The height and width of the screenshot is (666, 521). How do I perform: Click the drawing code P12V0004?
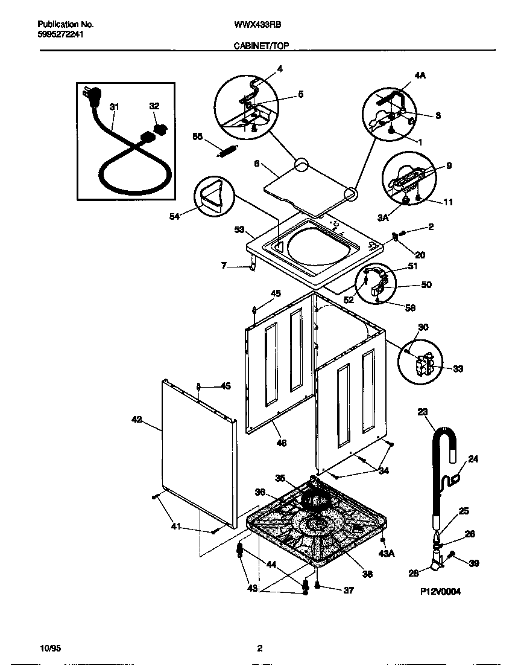[440, 592]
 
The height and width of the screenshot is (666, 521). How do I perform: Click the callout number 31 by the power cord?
[114, 107]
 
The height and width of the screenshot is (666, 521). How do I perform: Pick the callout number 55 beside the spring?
[197, 136]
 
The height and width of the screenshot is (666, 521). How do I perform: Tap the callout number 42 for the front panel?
[137, 419]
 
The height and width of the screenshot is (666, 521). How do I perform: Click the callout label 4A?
[420, 76]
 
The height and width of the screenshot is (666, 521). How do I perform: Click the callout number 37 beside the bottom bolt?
[348, 591]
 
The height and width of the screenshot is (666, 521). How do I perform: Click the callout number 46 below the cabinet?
[281, 443]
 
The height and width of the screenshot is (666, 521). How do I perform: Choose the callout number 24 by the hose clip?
[473, 459]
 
